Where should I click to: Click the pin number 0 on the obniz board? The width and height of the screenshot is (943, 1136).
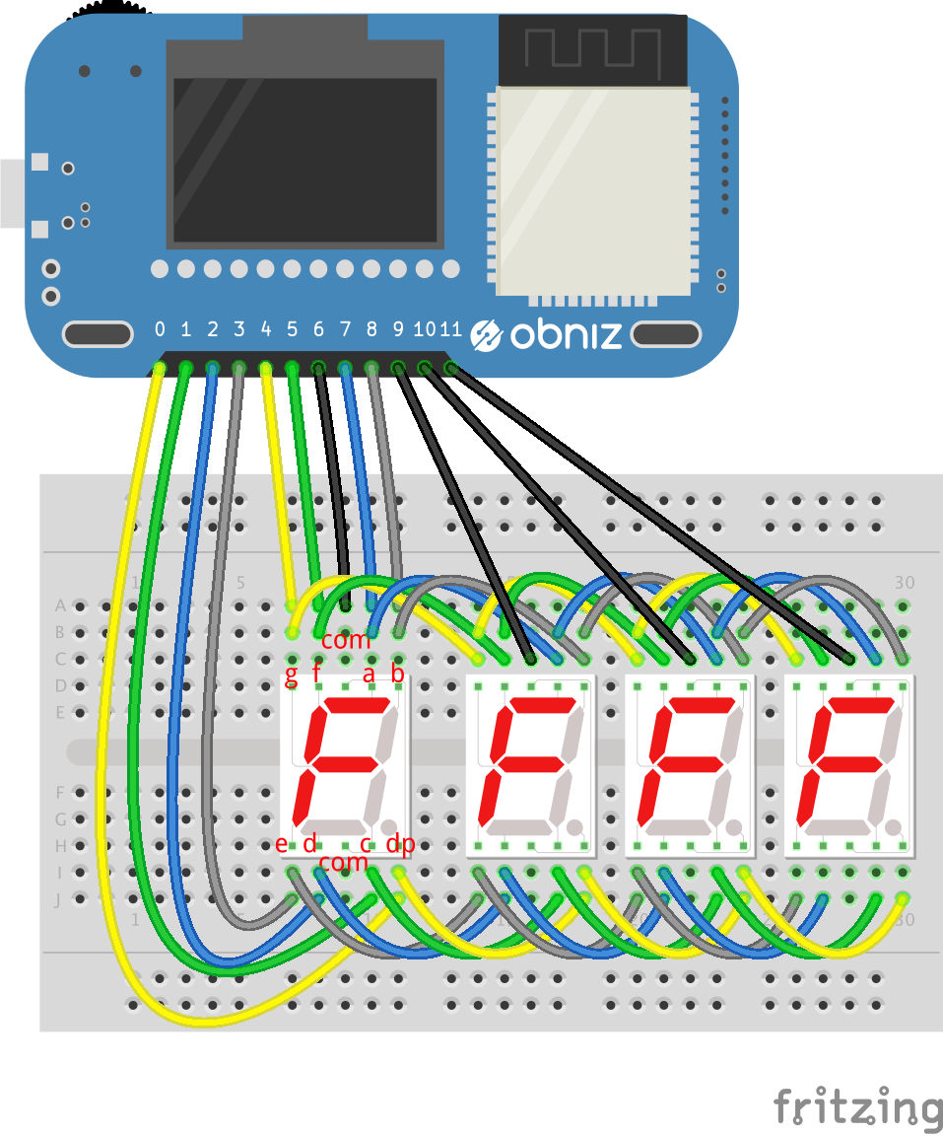(x=160, y=329)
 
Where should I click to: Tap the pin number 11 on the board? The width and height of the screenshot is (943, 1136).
(x=450, y=329)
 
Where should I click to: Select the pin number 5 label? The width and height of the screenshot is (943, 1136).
(x=292, y=329)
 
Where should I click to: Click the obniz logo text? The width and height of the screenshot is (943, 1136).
(x=566, y=335)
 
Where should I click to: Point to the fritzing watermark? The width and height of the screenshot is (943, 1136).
(x=856, y=1106)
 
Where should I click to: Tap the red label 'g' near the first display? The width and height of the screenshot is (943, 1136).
(x=291, y=675)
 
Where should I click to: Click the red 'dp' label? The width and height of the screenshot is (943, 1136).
(x=400, y=844)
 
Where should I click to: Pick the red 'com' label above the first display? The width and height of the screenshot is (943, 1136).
(x=346, y=640)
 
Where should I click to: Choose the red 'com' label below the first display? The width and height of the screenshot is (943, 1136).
(x=343, y=863)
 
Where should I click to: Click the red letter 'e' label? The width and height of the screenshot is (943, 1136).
(x=282, y=844)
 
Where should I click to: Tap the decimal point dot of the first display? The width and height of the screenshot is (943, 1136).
(x=390, y=826)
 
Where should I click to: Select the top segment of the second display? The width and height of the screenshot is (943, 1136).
(x=538, y=706)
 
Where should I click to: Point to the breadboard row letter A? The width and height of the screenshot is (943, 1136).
(x=60, y=605)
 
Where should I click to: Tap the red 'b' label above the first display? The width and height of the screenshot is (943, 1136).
(x=398, y=675)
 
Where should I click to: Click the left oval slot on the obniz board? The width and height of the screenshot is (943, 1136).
(x=98, y=334)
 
